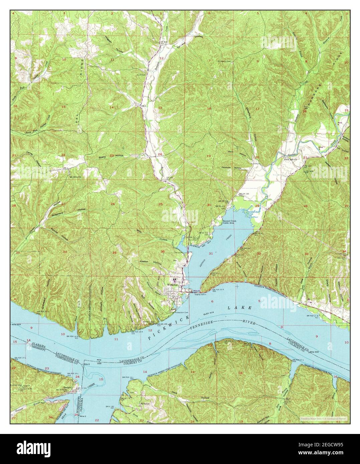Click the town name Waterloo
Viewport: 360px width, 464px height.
172,285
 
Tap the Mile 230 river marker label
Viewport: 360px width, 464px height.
316,352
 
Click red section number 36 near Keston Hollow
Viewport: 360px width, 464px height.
162,251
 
